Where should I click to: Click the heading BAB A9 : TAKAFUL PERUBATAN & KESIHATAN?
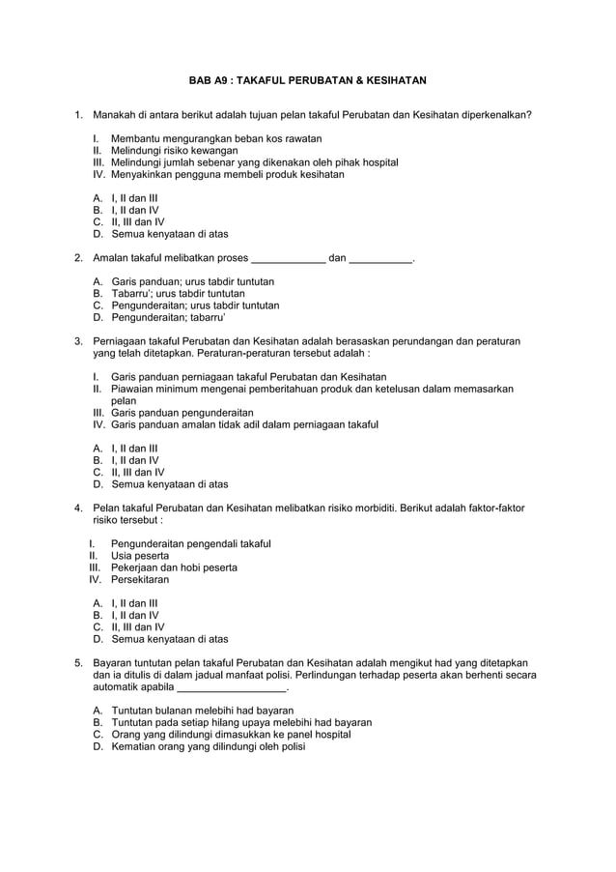pos(307,80)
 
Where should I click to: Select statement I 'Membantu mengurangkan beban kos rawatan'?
pos(215,139)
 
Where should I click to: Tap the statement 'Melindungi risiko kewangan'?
pos(174,152)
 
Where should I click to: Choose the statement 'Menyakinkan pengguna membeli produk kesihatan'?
pos(227,175)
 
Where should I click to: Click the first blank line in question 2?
pos(288,258)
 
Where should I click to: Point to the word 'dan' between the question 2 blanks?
pos(337,258)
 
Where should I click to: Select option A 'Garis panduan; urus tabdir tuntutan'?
pos(192,281)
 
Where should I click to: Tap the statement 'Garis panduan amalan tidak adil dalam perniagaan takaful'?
pos(244,424)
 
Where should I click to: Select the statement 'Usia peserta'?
pos(140,556)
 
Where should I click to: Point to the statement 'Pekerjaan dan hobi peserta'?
pos(174,567)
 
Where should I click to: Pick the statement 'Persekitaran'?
pos(140,580)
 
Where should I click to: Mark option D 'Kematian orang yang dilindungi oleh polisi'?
pos(208,746)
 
